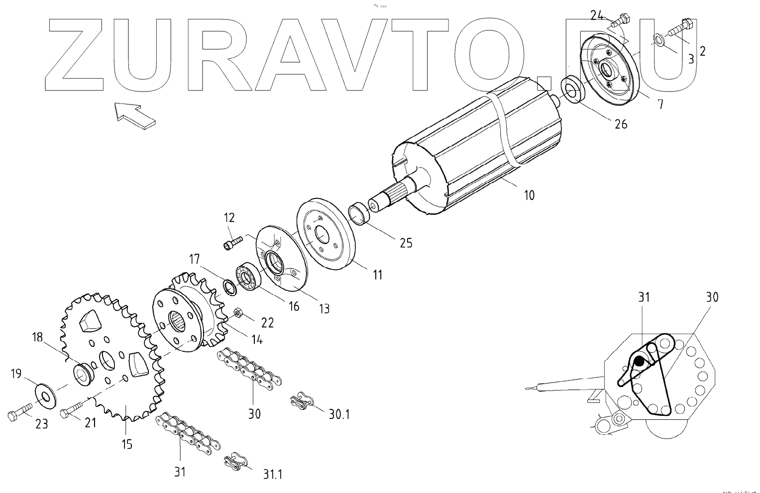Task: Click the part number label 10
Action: tap(530, 195)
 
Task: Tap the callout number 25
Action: tap(406, 242)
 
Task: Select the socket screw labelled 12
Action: tap(232, 243)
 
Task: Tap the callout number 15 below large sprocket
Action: tap(127, 444)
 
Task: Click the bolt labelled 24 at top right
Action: tap(618, 20)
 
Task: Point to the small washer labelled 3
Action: tap(657, 40)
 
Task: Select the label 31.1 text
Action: tap(272, 475)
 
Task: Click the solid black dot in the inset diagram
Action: tap(639, 362)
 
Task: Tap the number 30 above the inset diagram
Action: tap(712, 297)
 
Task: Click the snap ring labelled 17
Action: tap(229, 287)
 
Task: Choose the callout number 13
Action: tap(324, 309)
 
